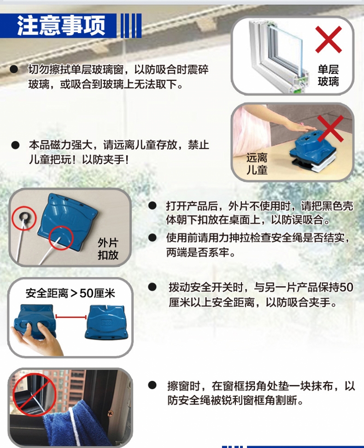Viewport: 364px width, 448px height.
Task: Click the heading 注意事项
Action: (61, 25)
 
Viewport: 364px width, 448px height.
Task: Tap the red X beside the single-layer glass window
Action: (329, 40)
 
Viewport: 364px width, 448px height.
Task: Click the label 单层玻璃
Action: (328, 75)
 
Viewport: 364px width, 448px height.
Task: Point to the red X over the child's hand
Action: (330, 129)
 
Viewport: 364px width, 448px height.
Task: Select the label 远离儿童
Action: (257, 164)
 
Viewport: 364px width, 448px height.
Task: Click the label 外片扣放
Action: (108, 249)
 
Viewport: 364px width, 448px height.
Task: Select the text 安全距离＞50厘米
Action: (70, 293)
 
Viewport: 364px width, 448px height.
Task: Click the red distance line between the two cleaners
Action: (71, 316)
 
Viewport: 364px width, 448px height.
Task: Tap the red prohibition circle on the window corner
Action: (35, 395)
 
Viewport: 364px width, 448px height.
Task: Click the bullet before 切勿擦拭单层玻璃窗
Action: (14, 69)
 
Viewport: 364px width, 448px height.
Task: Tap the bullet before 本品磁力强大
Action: (15, 145)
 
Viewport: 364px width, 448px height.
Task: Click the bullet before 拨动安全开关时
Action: (152, 287)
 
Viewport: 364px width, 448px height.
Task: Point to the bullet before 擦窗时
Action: (152, 386)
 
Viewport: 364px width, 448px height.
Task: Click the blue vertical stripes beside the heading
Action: (131, 26)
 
